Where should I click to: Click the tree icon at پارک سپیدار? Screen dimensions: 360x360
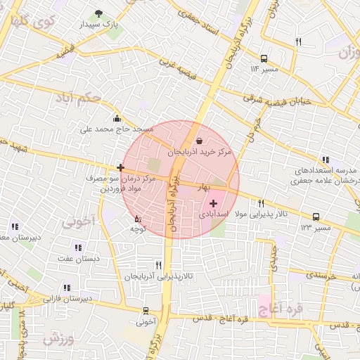(x=98, y=13)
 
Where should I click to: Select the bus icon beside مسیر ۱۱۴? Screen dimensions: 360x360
(x=264, y=59)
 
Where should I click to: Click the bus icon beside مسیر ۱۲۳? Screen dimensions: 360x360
(x=316, y=217)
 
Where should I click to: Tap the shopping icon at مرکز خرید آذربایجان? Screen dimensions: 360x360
(x=199, y=141)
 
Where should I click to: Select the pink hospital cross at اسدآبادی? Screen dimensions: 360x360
(x=213, y=203)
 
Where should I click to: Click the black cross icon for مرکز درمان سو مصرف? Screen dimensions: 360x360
(x=121, y=167)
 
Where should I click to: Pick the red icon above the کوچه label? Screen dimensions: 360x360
(x=137, y=219)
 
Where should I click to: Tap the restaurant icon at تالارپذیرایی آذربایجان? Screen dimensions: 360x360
(x=158, y=265)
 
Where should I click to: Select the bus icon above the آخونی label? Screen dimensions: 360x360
(x=146, y=311)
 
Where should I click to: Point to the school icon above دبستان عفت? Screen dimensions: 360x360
(x=77, y=247)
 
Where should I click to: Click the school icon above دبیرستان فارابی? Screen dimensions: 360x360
(x=67, y=288)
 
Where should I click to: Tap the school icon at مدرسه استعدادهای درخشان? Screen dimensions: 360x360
(x=324, y=160)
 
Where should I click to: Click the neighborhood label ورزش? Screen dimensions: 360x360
(x=58, y=338)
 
